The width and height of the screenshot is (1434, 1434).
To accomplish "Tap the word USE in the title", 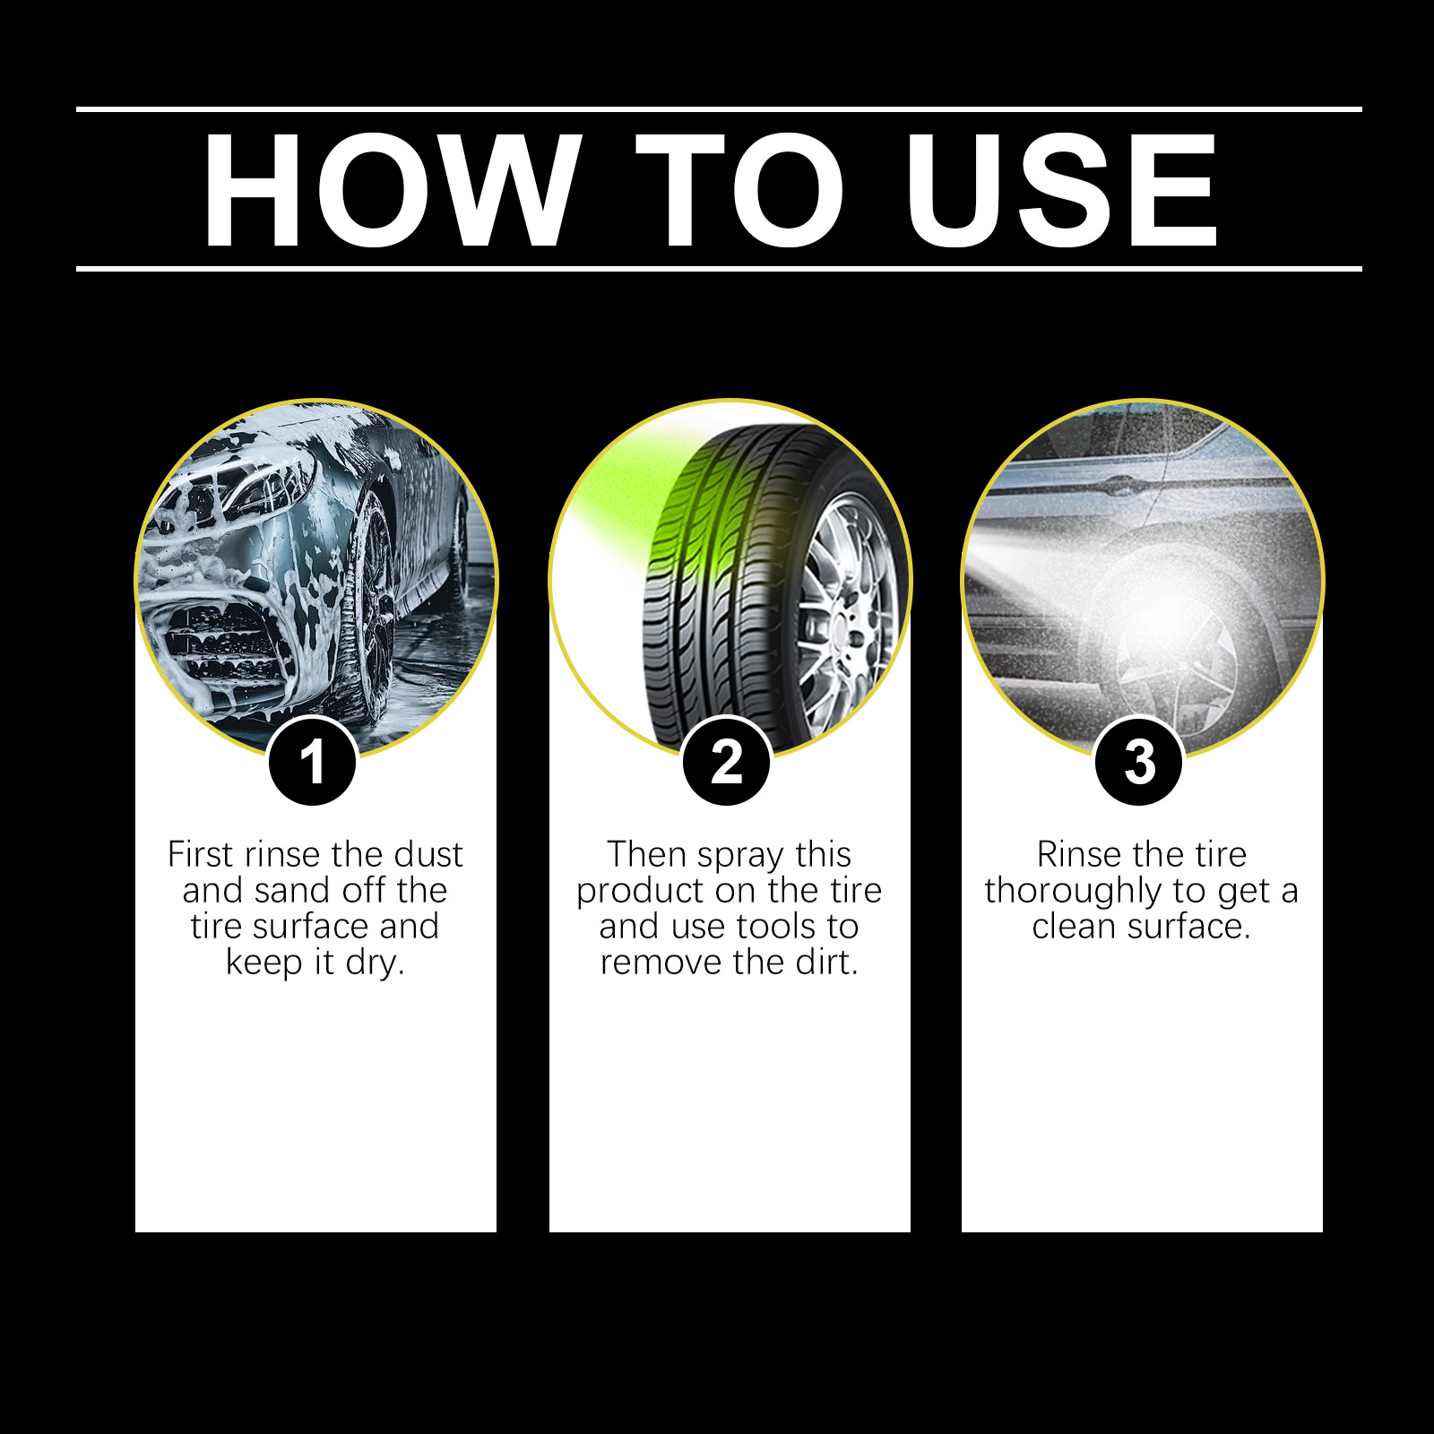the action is pos(1060,190).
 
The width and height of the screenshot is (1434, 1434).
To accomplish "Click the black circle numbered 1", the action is pos(312,762).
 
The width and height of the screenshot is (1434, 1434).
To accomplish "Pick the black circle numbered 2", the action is pos(727,762).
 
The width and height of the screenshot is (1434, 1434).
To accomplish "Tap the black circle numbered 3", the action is pos(1139,762).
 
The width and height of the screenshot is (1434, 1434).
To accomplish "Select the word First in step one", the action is pos(200,854).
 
